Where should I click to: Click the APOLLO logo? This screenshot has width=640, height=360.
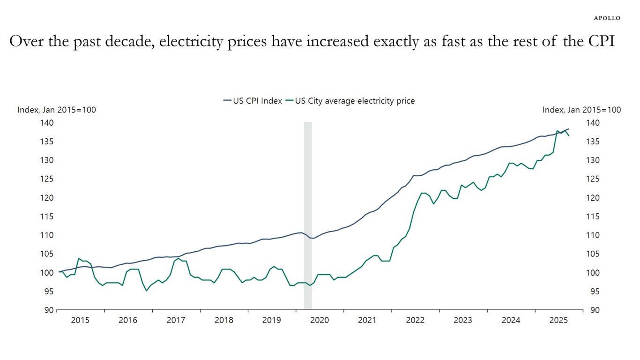click(x=607, y=18)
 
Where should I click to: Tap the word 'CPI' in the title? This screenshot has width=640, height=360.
click(x=600, y=42)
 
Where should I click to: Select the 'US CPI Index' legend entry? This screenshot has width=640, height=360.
click(x=253, y=101)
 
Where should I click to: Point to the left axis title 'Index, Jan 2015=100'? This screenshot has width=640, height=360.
click(x=57, y=110)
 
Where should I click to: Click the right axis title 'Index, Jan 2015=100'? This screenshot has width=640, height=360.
click(x=581, y=110)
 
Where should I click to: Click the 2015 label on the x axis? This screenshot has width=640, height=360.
click(x=80, y=321)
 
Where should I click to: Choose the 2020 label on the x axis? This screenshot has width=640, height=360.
click(x=320, y=321)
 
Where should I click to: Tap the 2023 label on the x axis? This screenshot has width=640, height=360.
click(x=463, y=321)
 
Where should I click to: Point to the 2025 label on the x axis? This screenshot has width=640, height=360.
click(x=558, y=321)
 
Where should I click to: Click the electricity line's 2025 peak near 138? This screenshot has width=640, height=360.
click(x=557, y=131)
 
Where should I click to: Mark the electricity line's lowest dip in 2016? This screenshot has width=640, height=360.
click(x=146, y=291)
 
